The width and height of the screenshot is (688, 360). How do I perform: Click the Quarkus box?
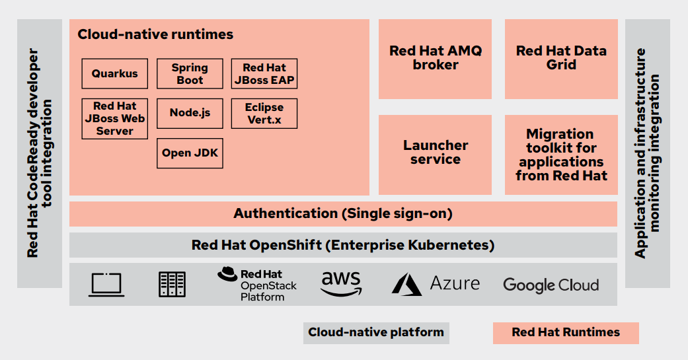[x=114, y=73]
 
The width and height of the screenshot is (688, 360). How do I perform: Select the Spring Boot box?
[x=189, y=73]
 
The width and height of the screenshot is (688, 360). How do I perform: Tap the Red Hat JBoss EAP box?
[x=264, y=73]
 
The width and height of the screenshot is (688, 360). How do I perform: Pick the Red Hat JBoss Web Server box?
[x=114, y=118]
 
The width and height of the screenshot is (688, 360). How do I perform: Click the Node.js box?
[x=189, y=113]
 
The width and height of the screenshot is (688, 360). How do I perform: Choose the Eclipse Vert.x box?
[x=264, y=113]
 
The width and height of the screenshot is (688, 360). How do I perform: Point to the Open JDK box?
[x=189, y=153]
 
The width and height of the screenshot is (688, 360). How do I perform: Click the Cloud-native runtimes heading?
[x=155, y=34]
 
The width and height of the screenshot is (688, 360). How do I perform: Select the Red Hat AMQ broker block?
[x=435, y=58]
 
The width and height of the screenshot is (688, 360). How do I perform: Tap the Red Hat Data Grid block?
[x=561, y=58]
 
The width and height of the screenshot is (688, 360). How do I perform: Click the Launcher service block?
[x=435, y=153]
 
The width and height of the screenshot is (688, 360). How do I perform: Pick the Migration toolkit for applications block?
[x=561, y=155]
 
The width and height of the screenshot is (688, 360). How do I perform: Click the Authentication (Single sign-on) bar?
[x=342, y=213]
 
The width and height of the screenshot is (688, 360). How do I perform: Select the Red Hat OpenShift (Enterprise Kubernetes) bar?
[x=342, y=245]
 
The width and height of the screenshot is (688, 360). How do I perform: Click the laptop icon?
[x=106, y=284]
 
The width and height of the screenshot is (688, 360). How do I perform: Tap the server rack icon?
[x=172, y=284]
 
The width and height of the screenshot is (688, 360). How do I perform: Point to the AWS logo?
[x=341, y=283]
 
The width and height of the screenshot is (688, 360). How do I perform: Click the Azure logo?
[x=436, y=284]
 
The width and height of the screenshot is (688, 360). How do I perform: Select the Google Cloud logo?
[x=551, y=285]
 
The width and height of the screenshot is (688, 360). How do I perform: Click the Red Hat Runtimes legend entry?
[x=566, y=332]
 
